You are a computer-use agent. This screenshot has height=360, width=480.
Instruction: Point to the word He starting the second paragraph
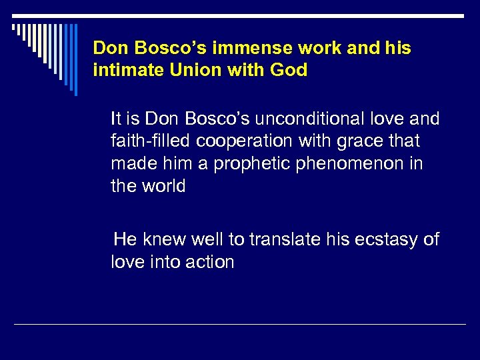[125, 239]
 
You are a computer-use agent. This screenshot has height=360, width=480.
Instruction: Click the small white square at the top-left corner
[15, 28]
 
